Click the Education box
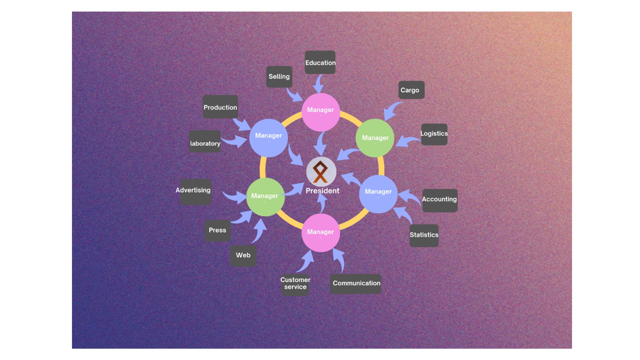(320, 62)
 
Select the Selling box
(279, 76)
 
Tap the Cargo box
(412, 90)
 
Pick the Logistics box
(434, 134)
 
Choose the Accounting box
(440, 200)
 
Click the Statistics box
(424, 236)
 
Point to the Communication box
(356, 284)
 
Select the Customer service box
(295, 284)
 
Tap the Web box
(243, 256)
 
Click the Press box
(218, 230)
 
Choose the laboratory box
(205, 142)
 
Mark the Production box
(220, 106)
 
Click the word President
(322, 191)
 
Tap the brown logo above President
(320, 172)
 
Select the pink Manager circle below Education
(320, 112)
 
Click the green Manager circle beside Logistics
(375, 138)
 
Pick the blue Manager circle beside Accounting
(378, 194)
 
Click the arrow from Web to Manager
(260, 231)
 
